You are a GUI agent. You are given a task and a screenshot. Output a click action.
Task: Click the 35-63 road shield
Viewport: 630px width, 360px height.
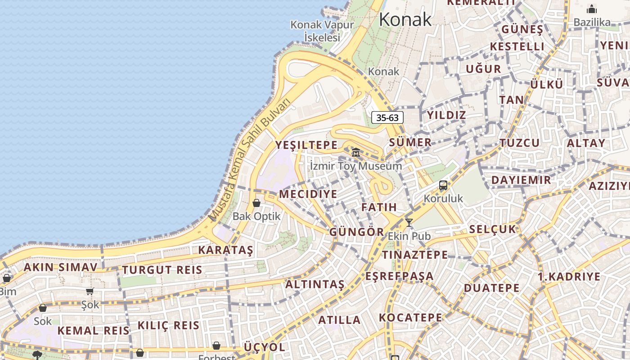[387, 118]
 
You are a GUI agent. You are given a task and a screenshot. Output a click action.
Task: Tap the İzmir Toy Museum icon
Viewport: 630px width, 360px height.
[356, 152]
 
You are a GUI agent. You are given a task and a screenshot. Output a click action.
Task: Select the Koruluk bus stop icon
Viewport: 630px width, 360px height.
[443, 185]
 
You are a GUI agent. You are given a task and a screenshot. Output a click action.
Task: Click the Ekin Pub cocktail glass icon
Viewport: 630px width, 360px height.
[409, 222]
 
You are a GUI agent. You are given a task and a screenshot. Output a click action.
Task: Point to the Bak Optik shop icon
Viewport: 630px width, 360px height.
[256, 203]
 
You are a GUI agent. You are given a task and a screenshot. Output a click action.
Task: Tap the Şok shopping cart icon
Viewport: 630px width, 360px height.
[90, 291]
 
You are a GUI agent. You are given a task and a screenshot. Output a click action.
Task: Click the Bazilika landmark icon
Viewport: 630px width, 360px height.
[592, 9]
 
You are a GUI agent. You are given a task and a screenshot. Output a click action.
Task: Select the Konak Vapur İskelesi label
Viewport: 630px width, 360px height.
[322, 31]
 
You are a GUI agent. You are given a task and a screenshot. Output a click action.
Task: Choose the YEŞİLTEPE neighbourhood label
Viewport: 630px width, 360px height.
[306, 145]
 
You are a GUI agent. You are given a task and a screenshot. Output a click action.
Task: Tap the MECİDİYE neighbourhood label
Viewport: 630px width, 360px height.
[308, 194]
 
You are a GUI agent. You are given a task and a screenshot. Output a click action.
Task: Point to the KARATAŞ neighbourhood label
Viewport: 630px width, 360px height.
[226, 250]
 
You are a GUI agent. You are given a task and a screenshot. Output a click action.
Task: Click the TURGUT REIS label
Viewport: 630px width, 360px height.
[162, 270]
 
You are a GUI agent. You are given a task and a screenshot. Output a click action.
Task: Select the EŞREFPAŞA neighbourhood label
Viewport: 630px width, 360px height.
[400, 276]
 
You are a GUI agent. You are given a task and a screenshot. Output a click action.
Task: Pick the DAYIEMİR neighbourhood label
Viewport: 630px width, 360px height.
[521, 180]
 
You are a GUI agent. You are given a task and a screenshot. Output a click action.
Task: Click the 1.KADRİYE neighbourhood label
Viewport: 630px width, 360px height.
[569, 276]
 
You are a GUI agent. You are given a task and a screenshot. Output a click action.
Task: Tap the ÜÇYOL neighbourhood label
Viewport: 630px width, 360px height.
[265, 347]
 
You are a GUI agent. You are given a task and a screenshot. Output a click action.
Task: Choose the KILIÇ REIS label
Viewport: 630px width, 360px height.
[168, 325]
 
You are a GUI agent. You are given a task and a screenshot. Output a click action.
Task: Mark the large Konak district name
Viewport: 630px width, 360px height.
[405, 20]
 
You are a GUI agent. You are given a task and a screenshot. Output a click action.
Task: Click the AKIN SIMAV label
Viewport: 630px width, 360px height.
[60, 267]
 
